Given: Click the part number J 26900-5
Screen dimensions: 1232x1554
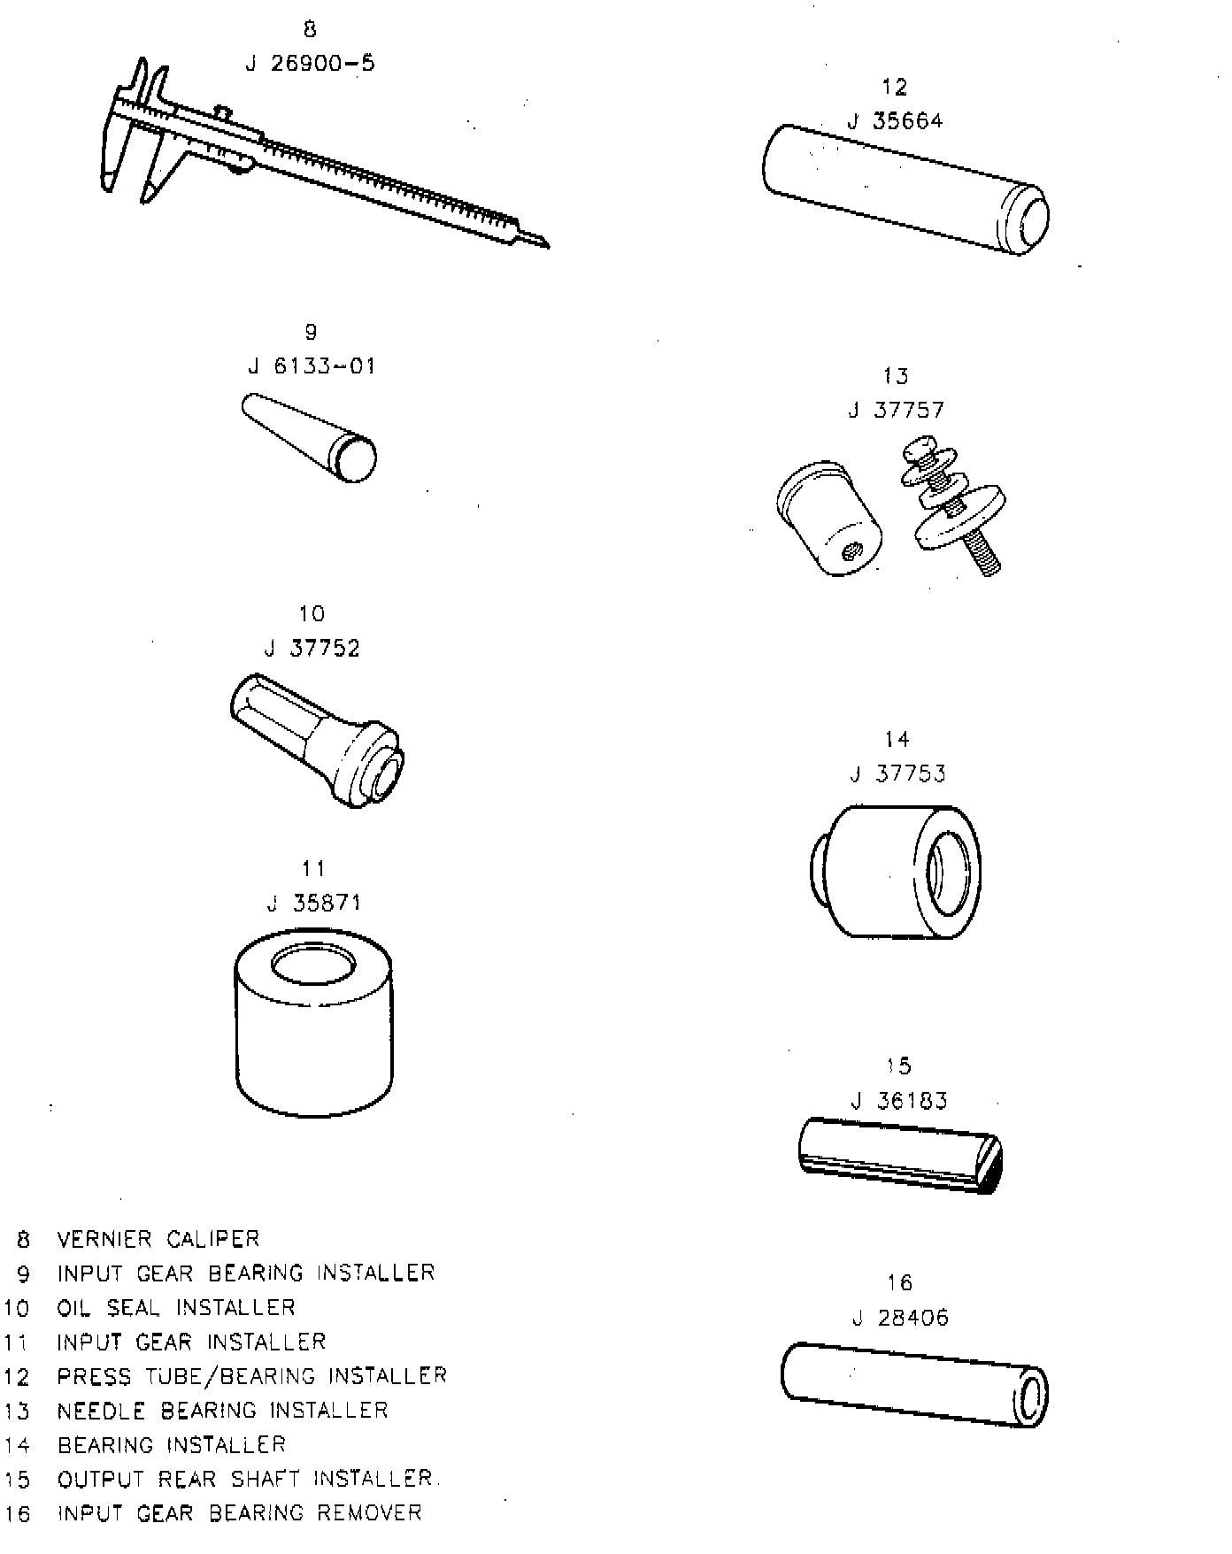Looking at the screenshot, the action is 310,64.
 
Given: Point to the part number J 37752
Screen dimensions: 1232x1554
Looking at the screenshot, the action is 312,649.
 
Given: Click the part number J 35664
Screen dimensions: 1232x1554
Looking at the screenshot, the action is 896,121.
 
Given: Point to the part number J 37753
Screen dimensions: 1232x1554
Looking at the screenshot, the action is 897,774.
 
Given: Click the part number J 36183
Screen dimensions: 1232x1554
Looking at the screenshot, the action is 898,1101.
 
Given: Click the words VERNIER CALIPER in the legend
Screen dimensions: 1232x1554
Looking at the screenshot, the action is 158,1239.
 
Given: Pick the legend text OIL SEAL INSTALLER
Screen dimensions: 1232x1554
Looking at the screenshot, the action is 176,1308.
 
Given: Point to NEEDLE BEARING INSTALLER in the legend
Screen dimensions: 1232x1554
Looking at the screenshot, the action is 222,1411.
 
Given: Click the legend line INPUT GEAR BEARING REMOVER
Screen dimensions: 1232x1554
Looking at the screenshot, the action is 239,1513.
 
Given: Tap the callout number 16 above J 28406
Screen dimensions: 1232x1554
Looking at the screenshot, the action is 899,1282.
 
